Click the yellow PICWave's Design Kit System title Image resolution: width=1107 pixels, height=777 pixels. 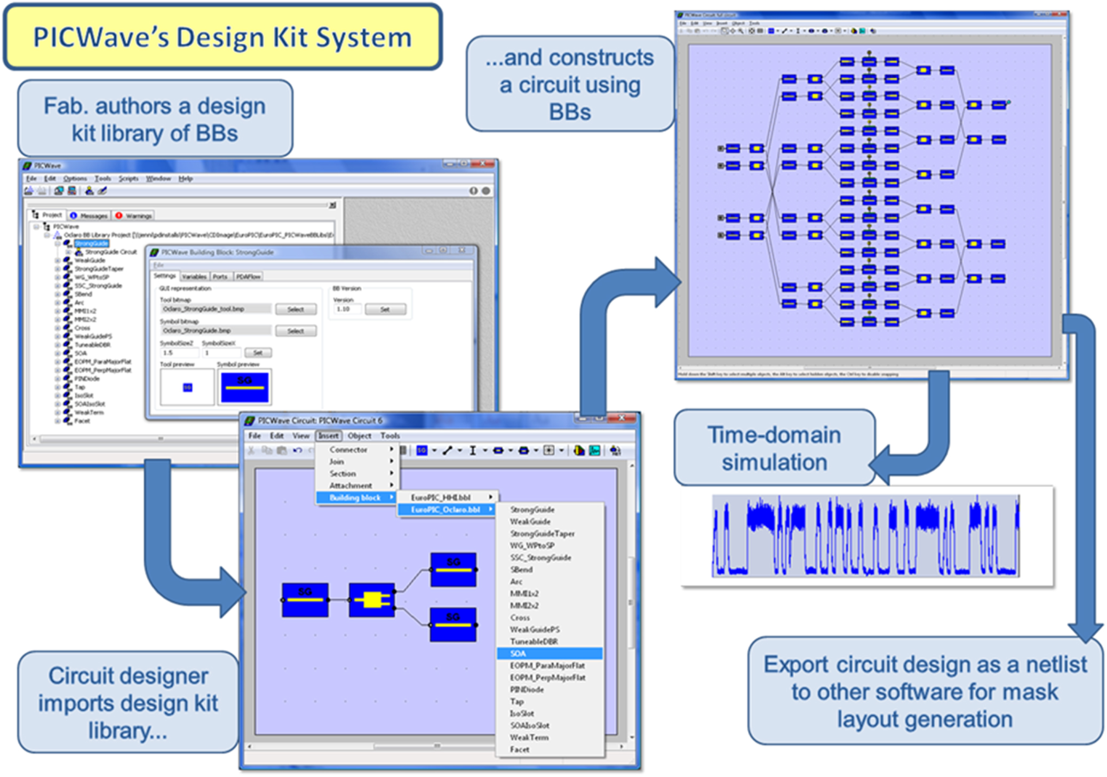coord(222,37)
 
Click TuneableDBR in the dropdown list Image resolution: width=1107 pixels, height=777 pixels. coord(533,641)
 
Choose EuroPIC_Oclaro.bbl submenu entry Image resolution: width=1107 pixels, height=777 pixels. coord(446,510)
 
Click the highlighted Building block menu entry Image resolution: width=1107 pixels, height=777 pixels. coord(355,498)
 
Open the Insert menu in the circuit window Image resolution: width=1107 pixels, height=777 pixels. coord(328,435)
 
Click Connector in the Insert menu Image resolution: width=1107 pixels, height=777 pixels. coord(348,449)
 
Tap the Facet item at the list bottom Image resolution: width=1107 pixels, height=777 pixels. coord(520,749)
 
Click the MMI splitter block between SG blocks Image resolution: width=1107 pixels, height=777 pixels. coord(372,600)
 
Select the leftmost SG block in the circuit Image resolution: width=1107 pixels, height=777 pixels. coord(305,600)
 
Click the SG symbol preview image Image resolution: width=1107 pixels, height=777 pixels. coord(244,386)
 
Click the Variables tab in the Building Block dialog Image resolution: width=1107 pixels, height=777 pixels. coord(194,276)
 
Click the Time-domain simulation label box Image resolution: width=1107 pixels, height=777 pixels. coord(774,448)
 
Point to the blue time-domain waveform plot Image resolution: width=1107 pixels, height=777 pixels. coord(865,536)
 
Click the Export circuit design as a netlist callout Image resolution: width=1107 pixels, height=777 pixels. coord(925,691)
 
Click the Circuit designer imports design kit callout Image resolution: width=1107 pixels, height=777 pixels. coord(128,702)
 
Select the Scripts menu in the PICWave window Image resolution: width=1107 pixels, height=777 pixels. coord(128,178)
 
